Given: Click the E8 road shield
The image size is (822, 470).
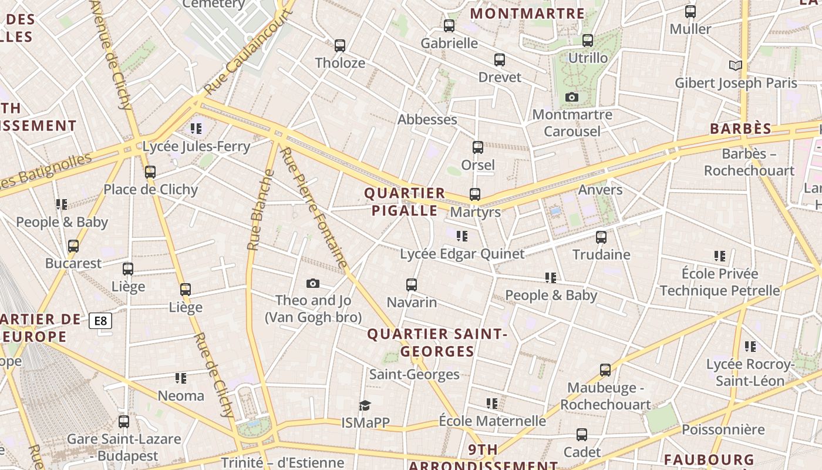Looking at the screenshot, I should click(100, 321).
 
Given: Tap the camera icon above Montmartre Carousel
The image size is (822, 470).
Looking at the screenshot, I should click(572, 97).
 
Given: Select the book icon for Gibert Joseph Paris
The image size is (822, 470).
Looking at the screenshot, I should click(735, 65).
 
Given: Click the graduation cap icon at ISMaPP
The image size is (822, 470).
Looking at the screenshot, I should click(365, 405).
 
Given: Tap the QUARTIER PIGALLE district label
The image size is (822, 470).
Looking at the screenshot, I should click(405, 202).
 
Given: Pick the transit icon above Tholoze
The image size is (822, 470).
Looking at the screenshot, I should click(339, 45).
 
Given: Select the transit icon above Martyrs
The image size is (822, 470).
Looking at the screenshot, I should click(475, 194).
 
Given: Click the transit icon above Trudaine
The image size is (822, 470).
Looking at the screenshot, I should click(601, 237).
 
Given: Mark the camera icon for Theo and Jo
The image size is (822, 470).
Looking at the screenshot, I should click(313, 284).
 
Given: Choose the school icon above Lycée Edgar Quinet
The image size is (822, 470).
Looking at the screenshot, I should click(462, 236).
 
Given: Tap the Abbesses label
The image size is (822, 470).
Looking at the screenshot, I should click(427, 119).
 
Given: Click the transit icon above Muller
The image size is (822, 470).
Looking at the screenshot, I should click(690, 11).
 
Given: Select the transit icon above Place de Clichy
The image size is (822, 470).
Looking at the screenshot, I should click(150, 172).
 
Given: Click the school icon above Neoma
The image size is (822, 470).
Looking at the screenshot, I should click(181, 378).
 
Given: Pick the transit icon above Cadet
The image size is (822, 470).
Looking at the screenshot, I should click(582, 434).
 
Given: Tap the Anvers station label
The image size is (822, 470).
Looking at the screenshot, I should click(600, 190).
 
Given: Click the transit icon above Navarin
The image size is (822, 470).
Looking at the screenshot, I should click(412, 285).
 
